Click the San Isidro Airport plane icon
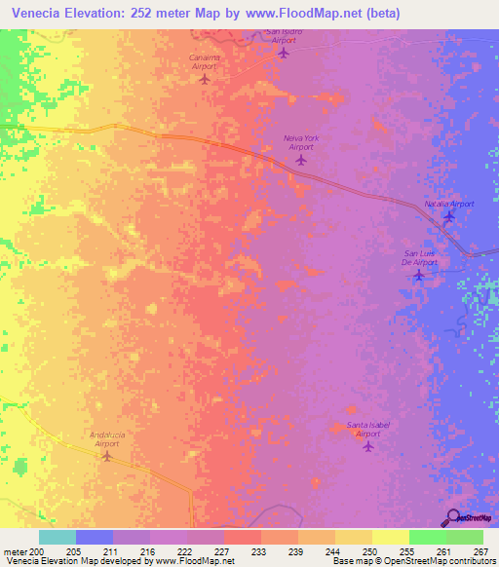(284, 53)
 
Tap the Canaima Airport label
(204, 61)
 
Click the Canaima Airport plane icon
(204, 79)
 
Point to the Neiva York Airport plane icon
(300, 160)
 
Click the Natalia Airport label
(448, 204)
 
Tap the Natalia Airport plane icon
(448, 216)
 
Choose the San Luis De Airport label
(419, 258)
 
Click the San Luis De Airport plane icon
(419, 276)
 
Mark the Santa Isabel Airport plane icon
(367, 446)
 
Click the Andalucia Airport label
(107, 437)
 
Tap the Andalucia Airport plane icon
(107, 455)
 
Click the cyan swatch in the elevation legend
(58, 537)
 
